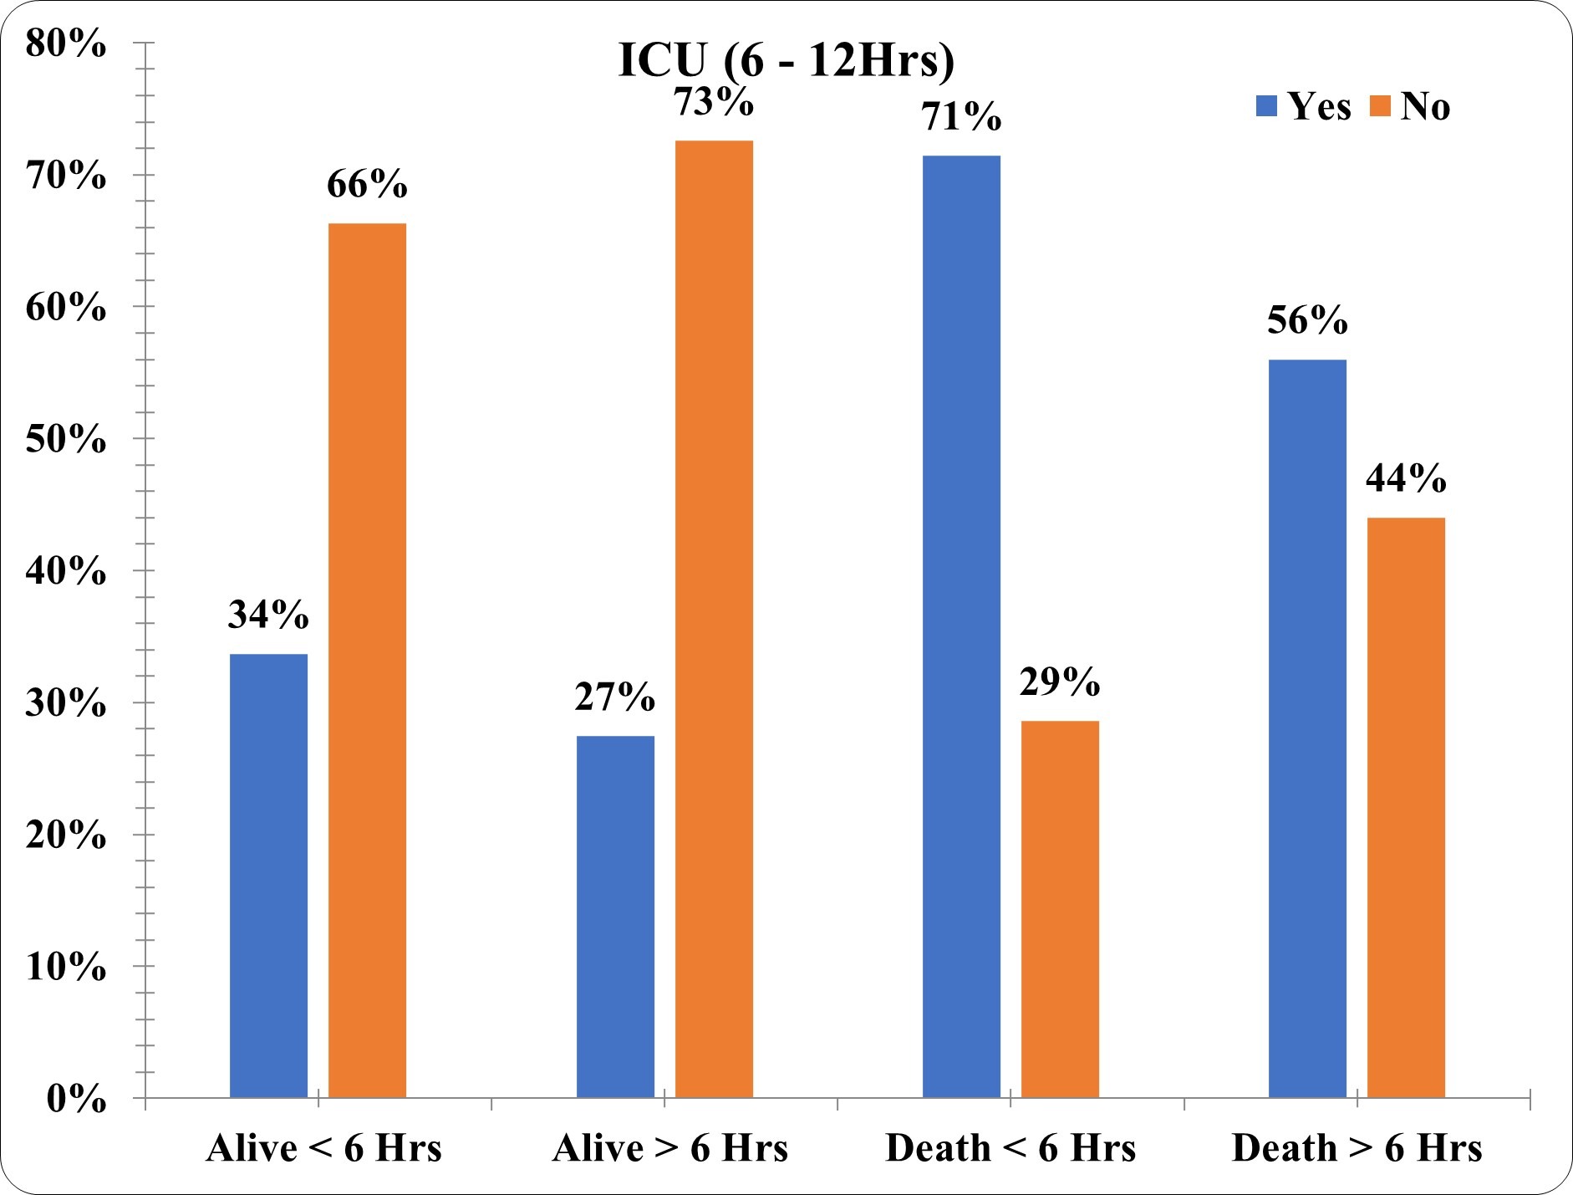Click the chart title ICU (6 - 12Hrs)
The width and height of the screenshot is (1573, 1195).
tap(786, 61)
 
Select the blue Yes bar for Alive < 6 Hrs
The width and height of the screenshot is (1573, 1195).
tap(268, 876)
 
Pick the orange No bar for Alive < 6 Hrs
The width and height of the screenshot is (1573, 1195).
tap(367, 661)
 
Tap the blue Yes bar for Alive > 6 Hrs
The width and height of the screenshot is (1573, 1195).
tap(616, 917)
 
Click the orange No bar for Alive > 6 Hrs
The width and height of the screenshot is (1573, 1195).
tap(714, 619)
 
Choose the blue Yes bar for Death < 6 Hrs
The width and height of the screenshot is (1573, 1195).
tap(961, 626)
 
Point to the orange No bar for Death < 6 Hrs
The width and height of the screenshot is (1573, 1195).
tap(1060, 909)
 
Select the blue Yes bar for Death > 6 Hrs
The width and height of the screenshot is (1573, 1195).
tap(1307, 728)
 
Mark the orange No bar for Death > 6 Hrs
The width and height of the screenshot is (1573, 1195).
tap(1406, 808)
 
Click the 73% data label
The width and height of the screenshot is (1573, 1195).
tap(714, 103)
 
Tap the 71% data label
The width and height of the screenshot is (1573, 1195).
tap(961, 118)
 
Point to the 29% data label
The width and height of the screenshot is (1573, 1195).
tap(1060, 683)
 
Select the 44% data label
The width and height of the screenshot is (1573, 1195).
tap(1406, 480)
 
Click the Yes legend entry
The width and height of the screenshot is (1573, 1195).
tap(1304, 107)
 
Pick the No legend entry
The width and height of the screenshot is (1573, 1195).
tap(1411, 107)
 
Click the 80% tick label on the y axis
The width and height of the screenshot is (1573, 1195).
tap(66, 44)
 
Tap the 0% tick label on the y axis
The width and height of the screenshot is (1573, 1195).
tap(76, 1099)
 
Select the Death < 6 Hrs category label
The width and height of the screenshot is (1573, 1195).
tap(1010, 1148)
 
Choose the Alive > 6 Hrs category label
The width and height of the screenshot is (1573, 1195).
tap(670, 1148)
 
